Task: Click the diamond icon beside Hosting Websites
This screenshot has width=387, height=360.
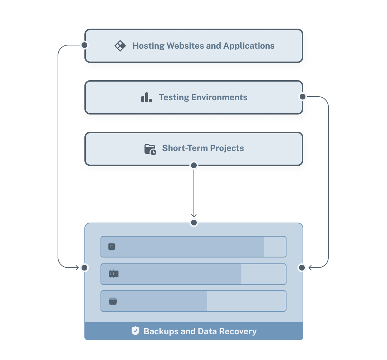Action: [120, 46]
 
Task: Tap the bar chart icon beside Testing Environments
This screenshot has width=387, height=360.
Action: [147, 97]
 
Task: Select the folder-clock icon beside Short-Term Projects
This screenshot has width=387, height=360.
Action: [150, 149]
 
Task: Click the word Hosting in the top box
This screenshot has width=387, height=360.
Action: [148, 46]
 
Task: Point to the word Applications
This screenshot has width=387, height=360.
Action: [249, 46]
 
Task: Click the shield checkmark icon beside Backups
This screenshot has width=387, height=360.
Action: [135, 331]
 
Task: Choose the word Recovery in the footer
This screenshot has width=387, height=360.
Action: [237, 331]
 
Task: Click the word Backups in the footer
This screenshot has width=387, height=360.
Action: [161, 331]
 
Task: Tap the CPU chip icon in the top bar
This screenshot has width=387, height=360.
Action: [112, 247]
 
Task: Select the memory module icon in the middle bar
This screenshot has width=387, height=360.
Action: [113, 274]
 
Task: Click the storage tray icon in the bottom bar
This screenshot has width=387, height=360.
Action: [113, 301]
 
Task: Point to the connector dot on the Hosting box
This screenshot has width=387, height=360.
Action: [84, 45]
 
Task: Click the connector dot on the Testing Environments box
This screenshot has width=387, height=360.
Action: [303, 97]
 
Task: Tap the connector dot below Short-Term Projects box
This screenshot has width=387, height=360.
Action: [193, 165]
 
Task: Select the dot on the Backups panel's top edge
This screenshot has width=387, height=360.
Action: [193, 223]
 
